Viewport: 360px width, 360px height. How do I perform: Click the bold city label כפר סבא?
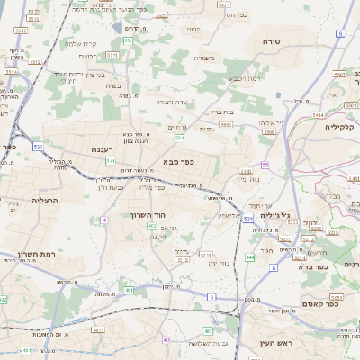point(180,161)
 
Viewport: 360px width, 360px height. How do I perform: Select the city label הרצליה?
point(44,200)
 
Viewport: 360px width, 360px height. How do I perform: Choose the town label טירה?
point(272,41)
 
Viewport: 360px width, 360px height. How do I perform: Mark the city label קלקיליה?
point(340,127)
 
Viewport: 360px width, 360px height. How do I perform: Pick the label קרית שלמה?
point(82,42)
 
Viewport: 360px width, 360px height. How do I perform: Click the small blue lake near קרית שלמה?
point(118,28)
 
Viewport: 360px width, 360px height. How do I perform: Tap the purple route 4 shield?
point(104,220)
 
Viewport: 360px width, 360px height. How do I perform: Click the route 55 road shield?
point(265,165)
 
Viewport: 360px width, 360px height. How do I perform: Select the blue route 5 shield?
point(211,296)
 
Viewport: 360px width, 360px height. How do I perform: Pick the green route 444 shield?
point(249,257)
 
